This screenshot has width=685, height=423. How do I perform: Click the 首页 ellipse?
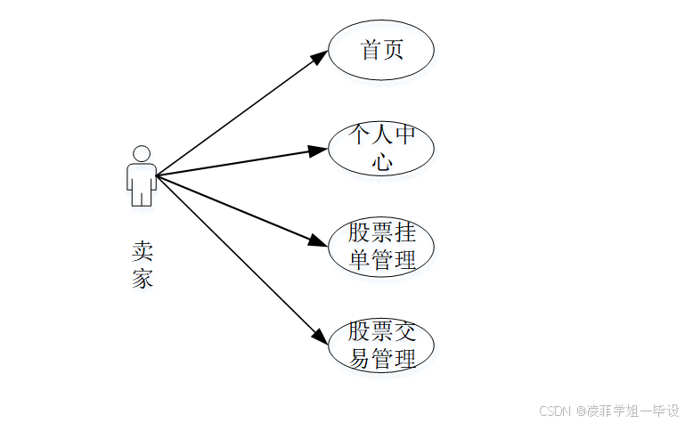[x=381, y=51]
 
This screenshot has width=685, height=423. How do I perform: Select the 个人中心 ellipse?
[x=381, y=149]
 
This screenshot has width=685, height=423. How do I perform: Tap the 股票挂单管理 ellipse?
[x=381, y=247]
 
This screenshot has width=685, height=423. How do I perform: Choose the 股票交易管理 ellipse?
[x=381, y=346]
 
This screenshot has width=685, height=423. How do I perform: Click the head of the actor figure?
[x=141, y=153]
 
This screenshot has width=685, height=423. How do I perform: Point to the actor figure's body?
[x=141, y=183]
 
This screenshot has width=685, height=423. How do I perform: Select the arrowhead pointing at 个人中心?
[x=319, y=150]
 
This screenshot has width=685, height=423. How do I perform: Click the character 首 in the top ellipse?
[x=371, y=50]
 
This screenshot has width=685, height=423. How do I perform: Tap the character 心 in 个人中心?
[x=382, y=163]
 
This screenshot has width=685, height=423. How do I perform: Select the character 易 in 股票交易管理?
[x=358, y=360]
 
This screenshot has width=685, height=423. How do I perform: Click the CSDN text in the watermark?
[x=554, y=411]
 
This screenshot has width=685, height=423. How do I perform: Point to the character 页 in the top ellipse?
[x=393, y=50]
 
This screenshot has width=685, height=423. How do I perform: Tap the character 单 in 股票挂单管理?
[x=358, y=261]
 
